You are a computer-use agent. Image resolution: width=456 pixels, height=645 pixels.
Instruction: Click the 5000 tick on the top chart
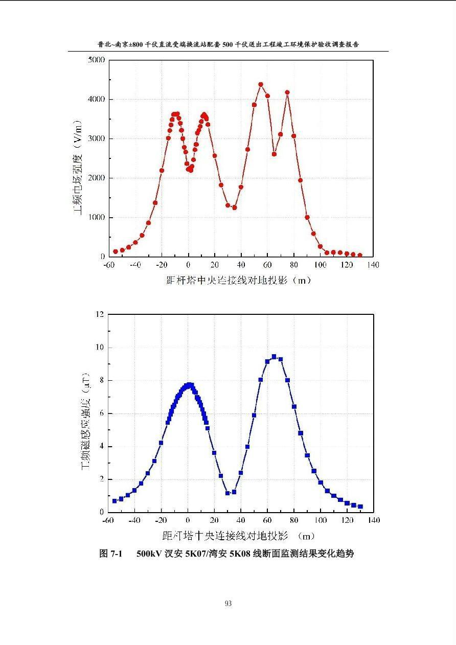pyautogui.click(x=96, y=60)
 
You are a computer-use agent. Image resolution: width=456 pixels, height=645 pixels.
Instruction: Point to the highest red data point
pyautogui.click(x=261, y=84)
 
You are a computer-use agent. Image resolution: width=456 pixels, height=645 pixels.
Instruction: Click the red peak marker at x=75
pyautogui.click(x=287, y=93)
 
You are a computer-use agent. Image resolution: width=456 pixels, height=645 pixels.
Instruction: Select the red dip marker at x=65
pyautogui.click(x=274, y=154)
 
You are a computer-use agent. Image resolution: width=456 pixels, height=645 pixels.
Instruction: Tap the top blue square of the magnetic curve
pyautogui.click(x=274, y=357)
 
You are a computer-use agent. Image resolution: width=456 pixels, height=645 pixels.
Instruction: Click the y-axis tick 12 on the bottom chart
pyautogui.click(x=99, y=314)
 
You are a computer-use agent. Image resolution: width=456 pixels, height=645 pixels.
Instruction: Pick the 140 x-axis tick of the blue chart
pyautogui.click(x=374, y=520)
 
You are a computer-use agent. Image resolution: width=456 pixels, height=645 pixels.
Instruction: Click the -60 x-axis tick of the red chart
pyautogui.click(x=108, y=265)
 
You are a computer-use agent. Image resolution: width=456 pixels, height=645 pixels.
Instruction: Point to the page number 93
pyautogui.click(x=228, y=603)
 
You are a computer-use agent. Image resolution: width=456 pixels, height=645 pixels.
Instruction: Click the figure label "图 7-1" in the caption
pyautogui.click(x=111, y=554)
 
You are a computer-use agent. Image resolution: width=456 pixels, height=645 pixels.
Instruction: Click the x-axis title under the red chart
pyautogui.click(x=238, y=280)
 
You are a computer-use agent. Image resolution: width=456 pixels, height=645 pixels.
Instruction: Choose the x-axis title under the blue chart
pyautogui.click(x=238, y=536)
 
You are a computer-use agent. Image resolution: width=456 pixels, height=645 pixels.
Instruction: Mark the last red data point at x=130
pyautogui.click(x=360, y=255)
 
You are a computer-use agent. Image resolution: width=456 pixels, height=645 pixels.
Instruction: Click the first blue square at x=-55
pyautogui.click(x=115, y=501)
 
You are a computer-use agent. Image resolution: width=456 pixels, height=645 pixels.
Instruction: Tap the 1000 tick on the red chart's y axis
pyautogui.click(x=96, y=217)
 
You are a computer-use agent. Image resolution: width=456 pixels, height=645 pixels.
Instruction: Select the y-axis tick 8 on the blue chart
pyautogui.click(x=101, y=380)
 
